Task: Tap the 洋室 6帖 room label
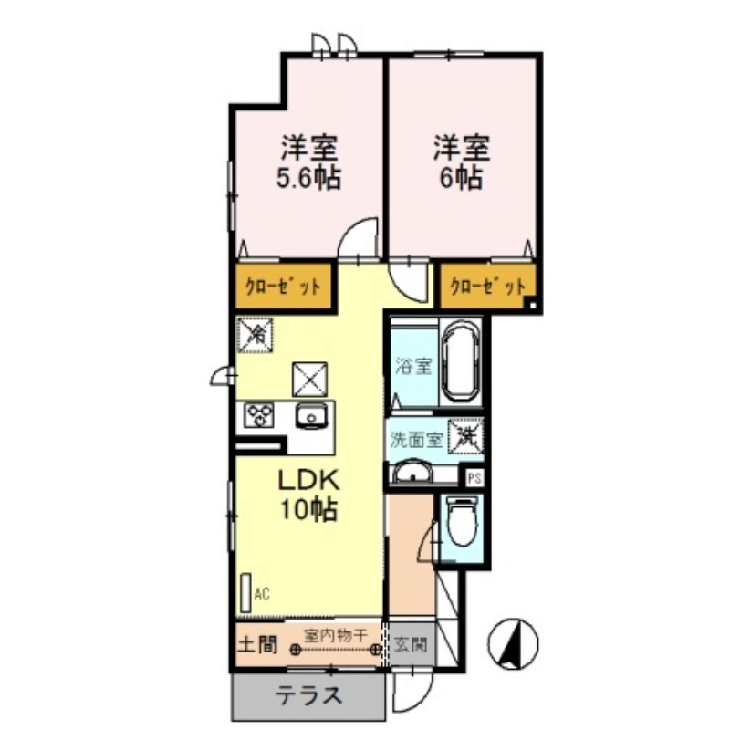click(x=462, y=162)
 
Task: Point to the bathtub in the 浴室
click(x=462, y=364)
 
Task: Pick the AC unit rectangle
click(x=245, y=594)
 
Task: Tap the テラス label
click(x=308, y=697)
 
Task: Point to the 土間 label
click(x=256, y=645)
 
